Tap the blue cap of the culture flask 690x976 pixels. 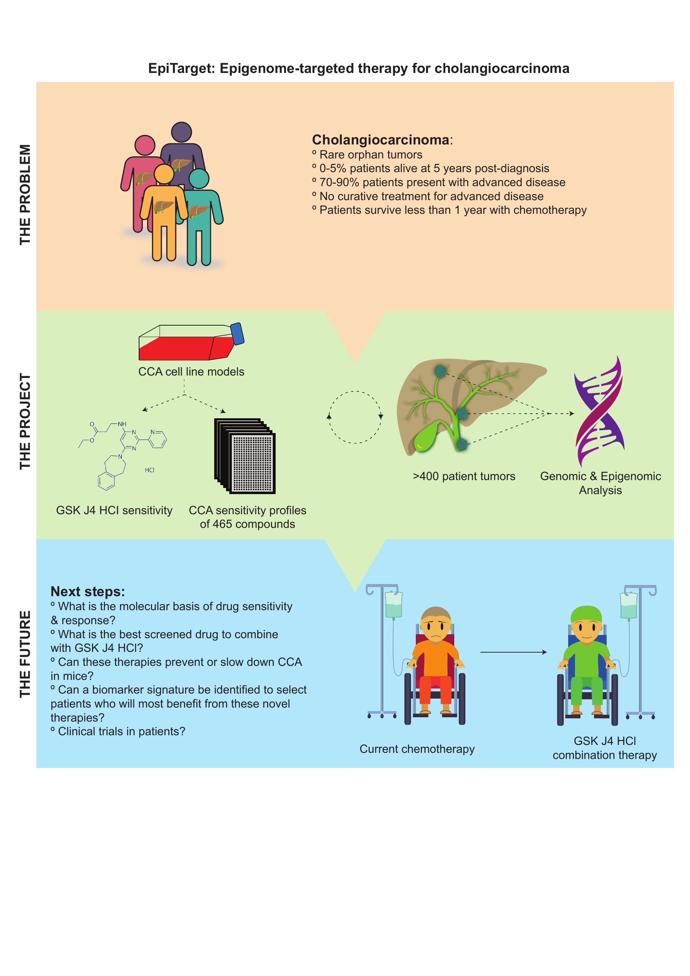237,334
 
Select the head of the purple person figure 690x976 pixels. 181,133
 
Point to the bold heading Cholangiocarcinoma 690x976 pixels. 381,140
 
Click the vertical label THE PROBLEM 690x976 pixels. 25,195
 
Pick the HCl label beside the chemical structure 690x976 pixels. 149,470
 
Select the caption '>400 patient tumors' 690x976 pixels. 464,476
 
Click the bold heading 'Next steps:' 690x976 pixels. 88,591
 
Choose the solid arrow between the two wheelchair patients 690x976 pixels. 513,652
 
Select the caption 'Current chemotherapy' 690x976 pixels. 417,749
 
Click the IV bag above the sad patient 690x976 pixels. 393,605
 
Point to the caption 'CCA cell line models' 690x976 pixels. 191,372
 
